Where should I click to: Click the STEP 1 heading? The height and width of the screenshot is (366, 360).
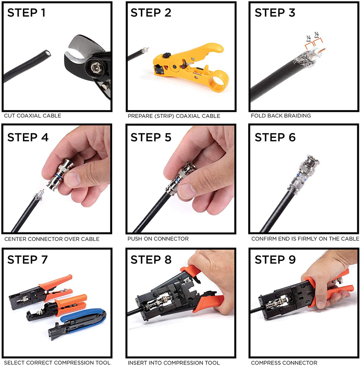point(26,13)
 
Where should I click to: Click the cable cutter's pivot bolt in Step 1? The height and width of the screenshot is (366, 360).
point(95,68)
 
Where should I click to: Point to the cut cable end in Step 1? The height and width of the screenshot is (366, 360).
point(47,53)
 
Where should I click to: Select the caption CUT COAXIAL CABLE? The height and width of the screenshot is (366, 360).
point(33,116)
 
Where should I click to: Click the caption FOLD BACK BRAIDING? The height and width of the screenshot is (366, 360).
point(281,116)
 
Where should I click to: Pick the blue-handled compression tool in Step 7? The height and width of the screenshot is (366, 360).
point(77,323)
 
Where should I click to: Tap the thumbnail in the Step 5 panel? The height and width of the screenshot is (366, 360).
point(187,191)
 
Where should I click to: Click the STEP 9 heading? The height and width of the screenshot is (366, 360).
point(275,259)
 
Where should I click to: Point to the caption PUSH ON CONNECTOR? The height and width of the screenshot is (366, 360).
point(158,239)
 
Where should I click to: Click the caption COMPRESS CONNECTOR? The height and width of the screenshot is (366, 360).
point(284,363)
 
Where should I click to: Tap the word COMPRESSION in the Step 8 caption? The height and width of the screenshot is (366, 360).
point(181,363)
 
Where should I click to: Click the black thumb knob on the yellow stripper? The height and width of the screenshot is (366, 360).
point(166,56)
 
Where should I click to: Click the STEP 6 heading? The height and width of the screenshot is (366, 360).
point(275,137)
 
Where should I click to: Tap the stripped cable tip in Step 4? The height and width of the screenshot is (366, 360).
point(39,195)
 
